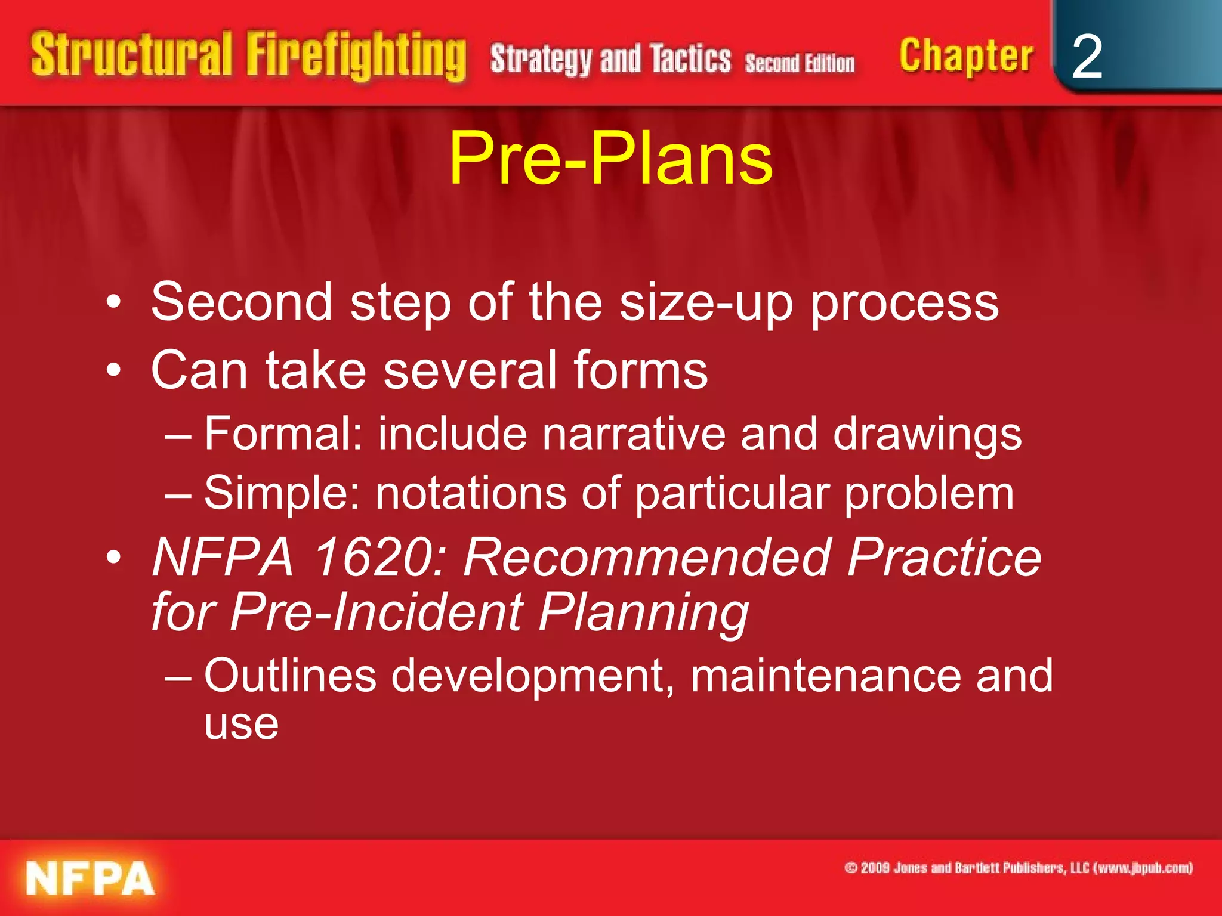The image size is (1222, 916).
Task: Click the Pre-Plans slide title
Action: pyautogui.click(x=610, y=158)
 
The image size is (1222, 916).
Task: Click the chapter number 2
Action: pyautogui.click(x=1087, y=57)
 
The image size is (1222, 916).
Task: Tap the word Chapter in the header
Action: pyautogui.click(x=965, y=57)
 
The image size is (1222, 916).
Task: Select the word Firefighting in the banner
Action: pyautogui.click(x=356, y=57)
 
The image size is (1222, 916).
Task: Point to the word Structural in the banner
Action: pyautogui.click(x=131, y=55)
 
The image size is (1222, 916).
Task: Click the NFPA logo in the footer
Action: pyautogui.click(x=90, y=878)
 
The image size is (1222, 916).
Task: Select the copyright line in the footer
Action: pyautogui.click(x=1018, y=868)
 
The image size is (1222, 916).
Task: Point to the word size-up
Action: pyautogui.click(x=706, y=303)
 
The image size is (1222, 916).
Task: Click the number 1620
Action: pyautogui.click(x=379, y=557)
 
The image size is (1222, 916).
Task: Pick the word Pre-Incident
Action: pyautogui.click(x=377, y=612)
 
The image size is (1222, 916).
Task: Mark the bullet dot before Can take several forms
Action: pyautogui.click(x=113, y=371)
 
